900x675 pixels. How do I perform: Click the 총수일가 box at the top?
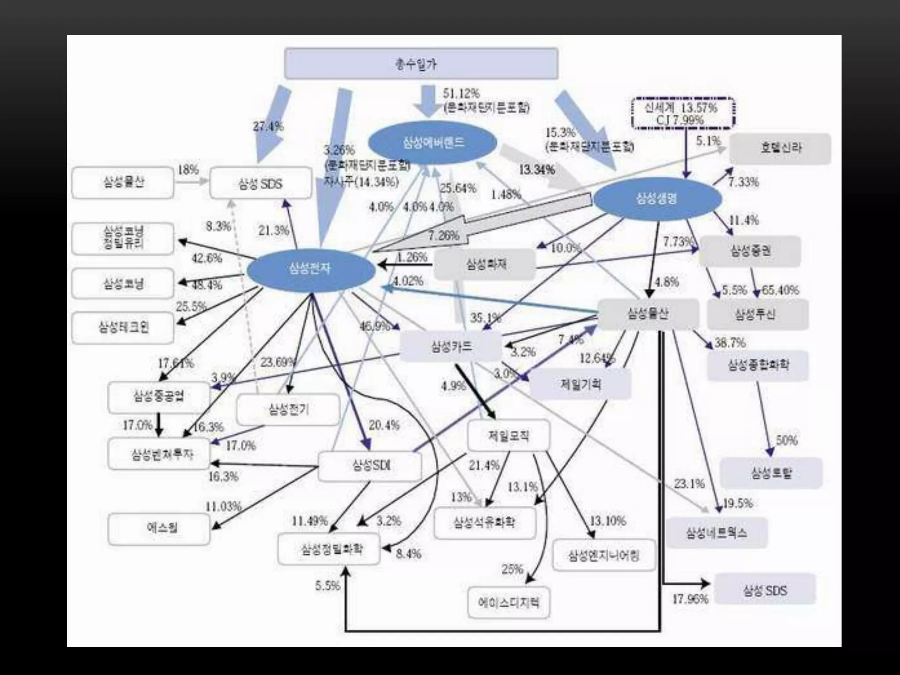(421, 64)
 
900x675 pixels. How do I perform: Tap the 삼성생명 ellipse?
(657, 199)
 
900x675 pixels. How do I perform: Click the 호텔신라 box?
(780, 149)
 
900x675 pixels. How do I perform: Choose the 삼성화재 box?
(485, 265)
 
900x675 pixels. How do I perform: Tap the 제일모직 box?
(508, 435)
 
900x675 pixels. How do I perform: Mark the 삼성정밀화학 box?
(329, 549)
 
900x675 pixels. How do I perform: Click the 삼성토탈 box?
(771, 473)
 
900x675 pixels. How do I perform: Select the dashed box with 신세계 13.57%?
(682, 113)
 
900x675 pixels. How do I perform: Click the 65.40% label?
(780, 290)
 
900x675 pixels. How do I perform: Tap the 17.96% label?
(690, 599)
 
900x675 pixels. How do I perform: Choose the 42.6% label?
(207, 258)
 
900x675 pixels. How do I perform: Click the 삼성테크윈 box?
(123, 328)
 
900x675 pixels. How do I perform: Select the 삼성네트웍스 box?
(716, 533)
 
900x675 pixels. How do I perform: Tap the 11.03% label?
(224, 507)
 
